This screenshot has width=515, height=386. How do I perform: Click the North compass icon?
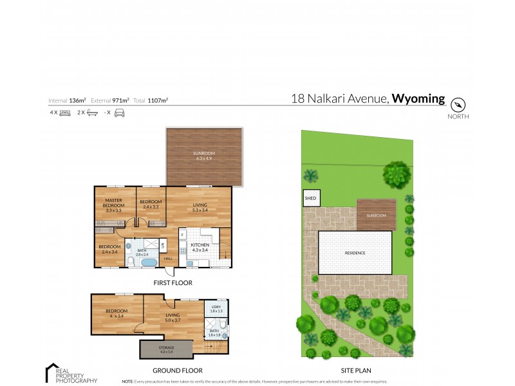458,104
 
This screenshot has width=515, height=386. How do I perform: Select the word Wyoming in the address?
418,98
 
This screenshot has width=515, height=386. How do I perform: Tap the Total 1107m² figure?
158,100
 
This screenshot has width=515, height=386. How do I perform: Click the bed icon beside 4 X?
64,113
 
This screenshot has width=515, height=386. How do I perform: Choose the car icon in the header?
119,113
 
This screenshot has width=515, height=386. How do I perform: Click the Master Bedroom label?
114,205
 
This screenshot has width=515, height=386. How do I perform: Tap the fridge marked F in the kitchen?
183,235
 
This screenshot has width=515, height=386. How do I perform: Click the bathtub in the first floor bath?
149,262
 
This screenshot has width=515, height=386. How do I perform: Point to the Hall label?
168,259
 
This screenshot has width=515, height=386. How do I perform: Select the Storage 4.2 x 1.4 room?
165,349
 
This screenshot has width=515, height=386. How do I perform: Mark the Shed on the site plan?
311,198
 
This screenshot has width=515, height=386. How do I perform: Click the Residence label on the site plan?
355,253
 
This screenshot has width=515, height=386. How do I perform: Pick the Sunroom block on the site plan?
376,215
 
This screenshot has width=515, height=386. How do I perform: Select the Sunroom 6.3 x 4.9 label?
204,155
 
